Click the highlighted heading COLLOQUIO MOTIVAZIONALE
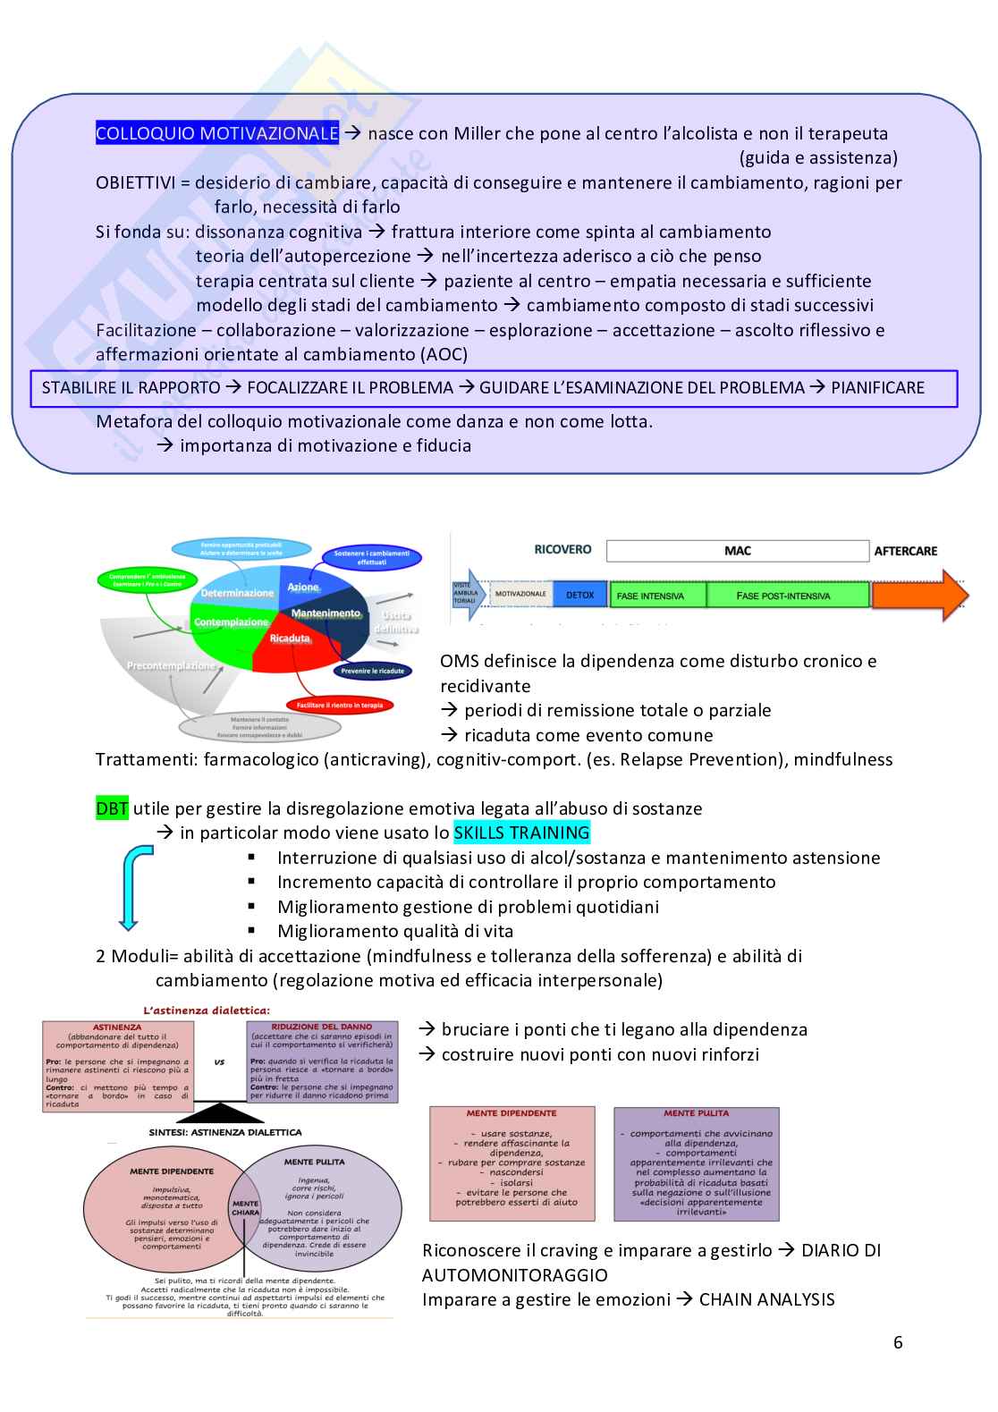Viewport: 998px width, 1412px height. tap(217, 133)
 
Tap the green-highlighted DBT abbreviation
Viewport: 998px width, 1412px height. tap(112, 808)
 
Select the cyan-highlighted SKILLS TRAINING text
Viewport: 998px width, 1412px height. tap(521, 833)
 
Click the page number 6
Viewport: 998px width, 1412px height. tap(898, 1342)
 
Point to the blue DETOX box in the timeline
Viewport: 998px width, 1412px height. tap(579, 595)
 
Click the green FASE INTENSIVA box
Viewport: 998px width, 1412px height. tap(657, 596)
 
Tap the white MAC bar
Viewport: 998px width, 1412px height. tap(737, 551)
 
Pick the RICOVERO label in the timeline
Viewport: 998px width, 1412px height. tap(562, 550)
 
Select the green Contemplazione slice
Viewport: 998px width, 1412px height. tap(231, 622)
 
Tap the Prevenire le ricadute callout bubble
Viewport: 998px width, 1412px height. tap(372, 671)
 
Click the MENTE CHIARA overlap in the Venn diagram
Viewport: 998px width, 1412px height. tap(245, 1208)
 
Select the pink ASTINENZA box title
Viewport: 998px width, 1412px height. tap(117, 1027)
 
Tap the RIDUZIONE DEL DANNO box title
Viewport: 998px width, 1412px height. tap(321, 1027)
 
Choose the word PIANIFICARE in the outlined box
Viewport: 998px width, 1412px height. tap(877, 388)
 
